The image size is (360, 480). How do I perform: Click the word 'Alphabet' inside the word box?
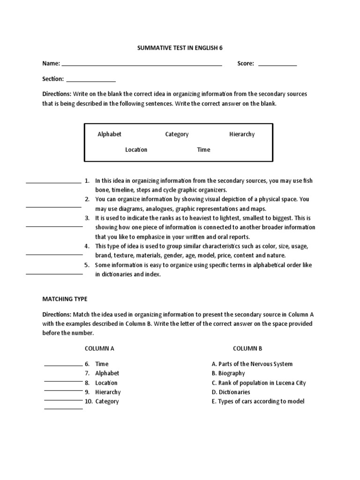point(109,134)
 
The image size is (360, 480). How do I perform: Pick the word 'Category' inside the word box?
point(177,134)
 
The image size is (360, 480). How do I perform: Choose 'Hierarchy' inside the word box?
point(242,134)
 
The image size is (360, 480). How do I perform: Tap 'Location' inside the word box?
point(136,150)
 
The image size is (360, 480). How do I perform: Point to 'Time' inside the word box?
point(203,150)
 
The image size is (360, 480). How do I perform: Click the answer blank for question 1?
point(53,182)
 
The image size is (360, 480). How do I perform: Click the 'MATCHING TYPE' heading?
point(65,299)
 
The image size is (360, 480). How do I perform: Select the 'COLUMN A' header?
point(99,348)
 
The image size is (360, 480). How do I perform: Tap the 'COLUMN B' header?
point(247,348)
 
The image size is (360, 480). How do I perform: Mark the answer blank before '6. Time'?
point(63,365)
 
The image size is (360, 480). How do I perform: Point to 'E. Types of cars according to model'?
point(258,401)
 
